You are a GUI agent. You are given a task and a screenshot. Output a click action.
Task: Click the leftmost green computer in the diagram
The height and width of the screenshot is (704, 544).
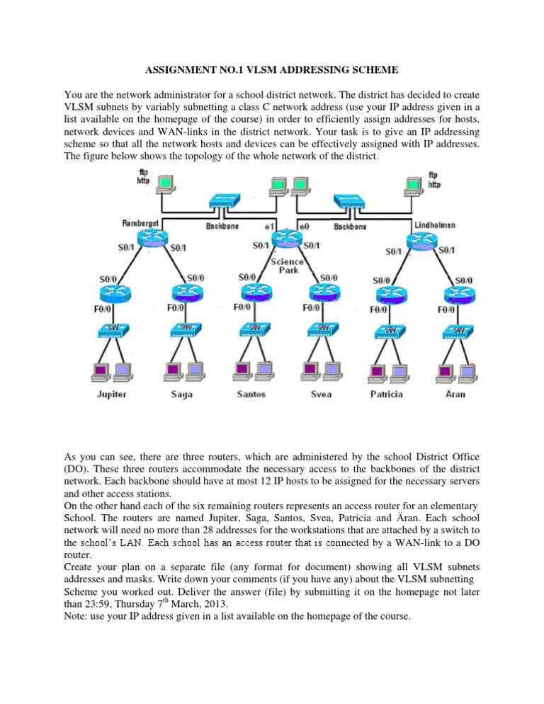click(166, 184)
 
